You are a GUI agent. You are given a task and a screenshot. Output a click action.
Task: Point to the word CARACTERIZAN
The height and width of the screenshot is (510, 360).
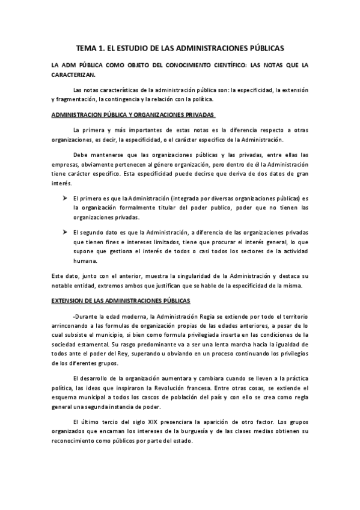pyautogui.click(x=73, y=75)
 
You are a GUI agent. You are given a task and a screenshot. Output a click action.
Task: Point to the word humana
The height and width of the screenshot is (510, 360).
pyautogui.click(x=82, y=262)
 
